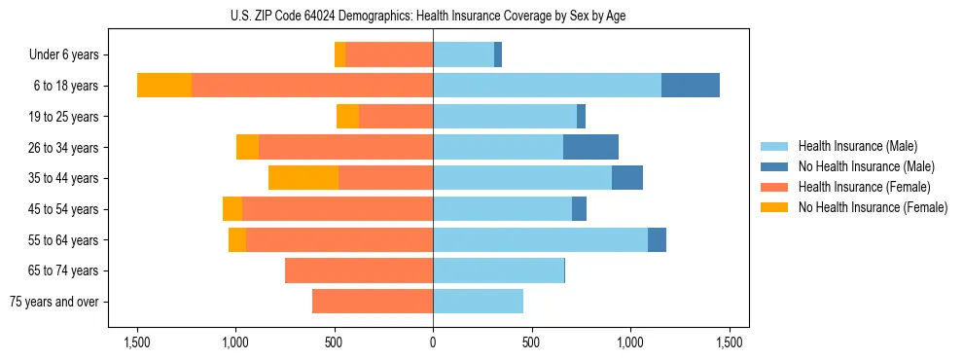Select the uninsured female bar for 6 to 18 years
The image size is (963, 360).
point(164,86)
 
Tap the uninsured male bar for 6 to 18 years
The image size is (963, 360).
point(691,86)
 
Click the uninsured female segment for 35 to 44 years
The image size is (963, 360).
point(303,178)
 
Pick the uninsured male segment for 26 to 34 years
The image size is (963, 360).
point(590,147)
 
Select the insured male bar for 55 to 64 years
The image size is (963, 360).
point(540,239)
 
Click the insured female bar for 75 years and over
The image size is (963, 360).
point(373,302)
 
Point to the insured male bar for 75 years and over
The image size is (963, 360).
point(478,302)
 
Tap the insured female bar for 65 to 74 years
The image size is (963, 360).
point(359,270)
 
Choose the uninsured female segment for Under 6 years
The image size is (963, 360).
point(340,54)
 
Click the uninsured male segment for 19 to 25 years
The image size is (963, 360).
point(581,117)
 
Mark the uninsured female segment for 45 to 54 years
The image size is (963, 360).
point(232,209)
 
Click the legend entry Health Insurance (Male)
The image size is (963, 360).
point(857,146)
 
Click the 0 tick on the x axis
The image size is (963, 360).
point(433,342)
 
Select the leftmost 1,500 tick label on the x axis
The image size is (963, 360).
point(136,342)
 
